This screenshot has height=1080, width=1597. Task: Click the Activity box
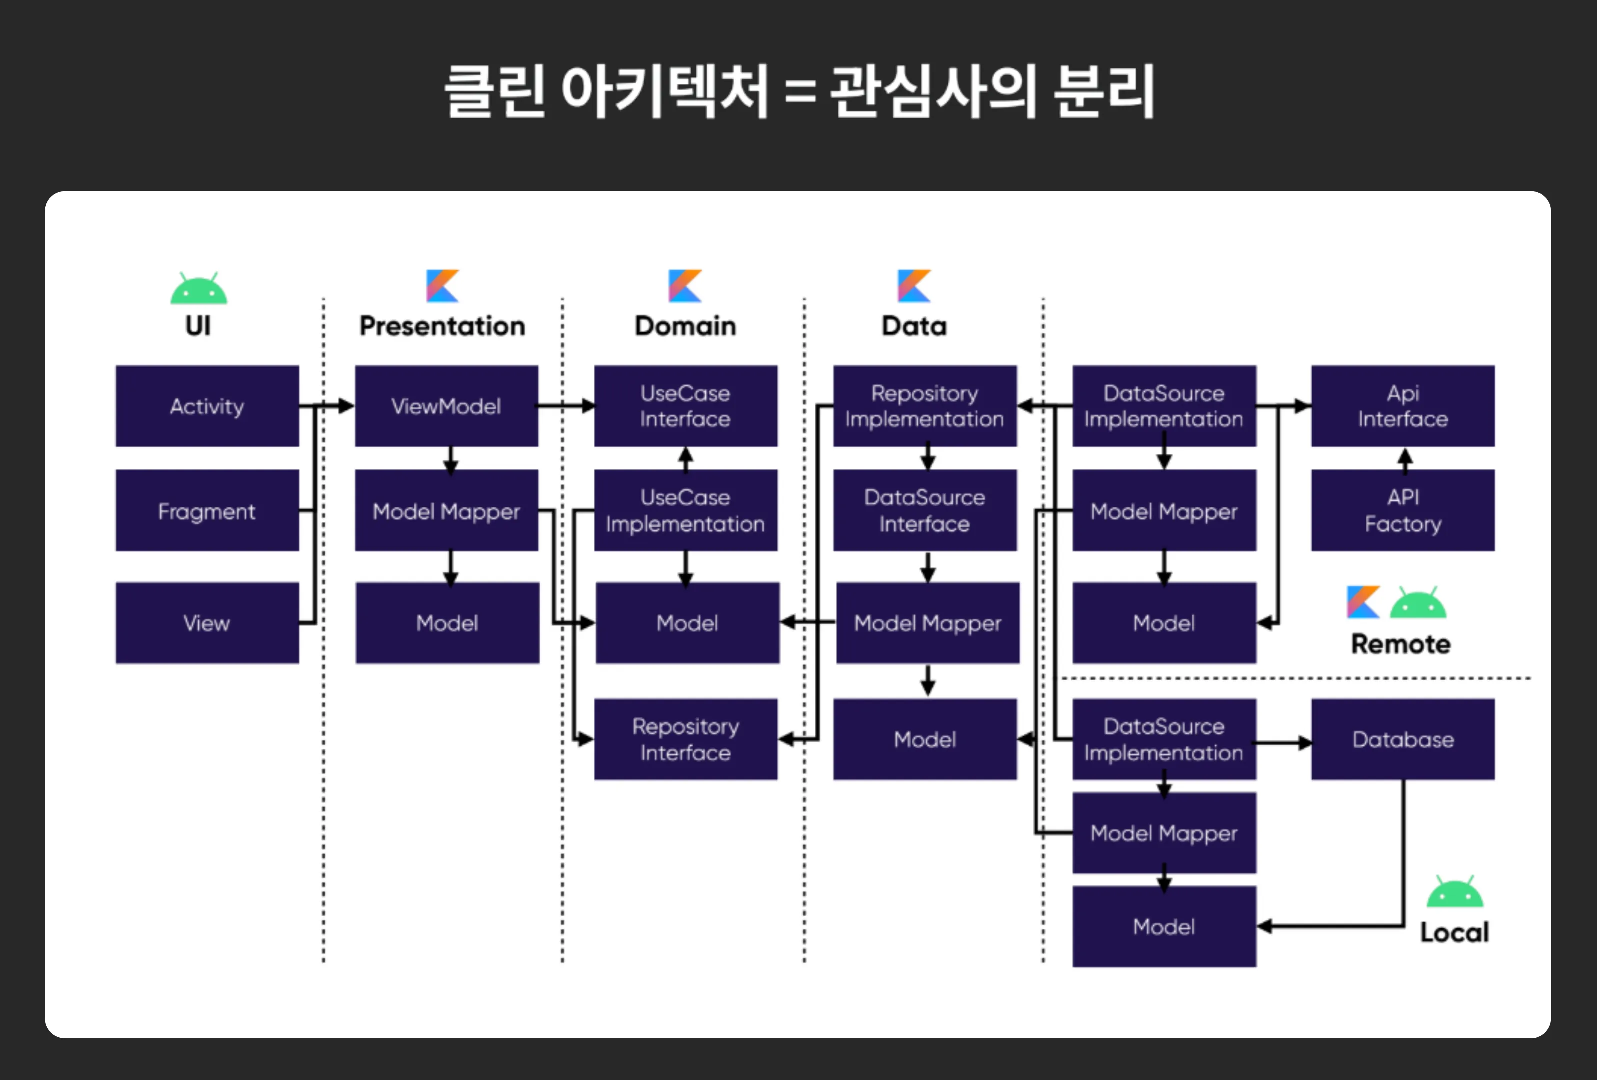coord(207,406)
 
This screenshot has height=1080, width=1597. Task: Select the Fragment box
coord(207,510)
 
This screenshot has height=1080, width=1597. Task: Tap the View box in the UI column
coord(207,622)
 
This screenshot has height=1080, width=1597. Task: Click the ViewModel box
coord(446,406)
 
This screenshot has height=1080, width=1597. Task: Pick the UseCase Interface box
coord(685,406)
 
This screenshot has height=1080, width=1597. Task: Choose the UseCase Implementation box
coord(685,510)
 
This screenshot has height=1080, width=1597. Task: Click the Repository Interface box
coord(685,739)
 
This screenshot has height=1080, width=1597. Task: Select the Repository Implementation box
coord(924,406)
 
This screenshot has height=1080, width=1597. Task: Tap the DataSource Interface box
coord(924,510)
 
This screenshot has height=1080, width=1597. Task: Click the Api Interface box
coord(1402,406)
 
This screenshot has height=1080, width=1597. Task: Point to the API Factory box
coord(1402,510)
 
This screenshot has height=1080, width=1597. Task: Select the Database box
coord(1402,739)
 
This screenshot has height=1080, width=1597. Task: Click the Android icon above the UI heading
coord(198,288)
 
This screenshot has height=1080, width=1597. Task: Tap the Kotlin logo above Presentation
coord(442,286)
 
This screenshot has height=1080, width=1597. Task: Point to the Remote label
coord(1400,643)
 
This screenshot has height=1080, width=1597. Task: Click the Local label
coord(1454,932)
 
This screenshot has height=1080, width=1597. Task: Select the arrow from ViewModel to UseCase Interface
coord(565,406)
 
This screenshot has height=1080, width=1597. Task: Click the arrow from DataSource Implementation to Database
coord(1283,742)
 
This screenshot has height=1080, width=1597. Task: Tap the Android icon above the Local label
coord(1455,892)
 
